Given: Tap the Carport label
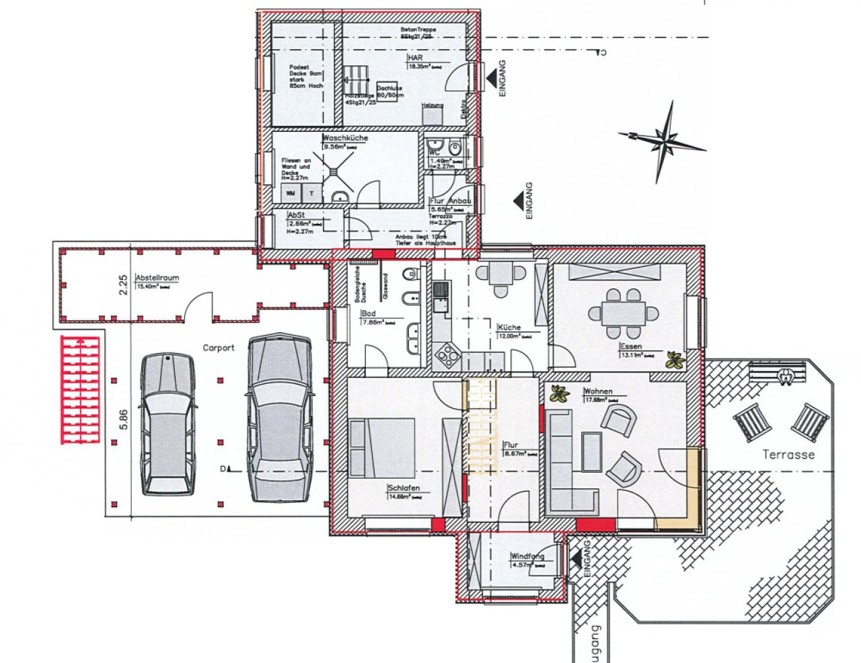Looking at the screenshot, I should [219, 348].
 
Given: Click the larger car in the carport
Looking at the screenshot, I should [279, 418].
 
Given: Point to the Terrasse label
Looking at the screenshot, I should [788, 455].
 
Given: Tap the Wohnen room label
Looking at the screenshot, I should [597, 391].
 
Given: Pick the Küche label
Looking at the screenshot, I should [509, 327].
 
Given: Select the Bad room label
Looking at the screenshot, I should [369, 314].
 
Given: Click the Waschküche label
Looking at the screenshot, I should [345, 138].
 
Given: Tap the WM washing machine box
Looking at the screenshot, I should [291, 193].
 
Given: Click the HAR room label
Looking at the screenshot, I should [415, 58].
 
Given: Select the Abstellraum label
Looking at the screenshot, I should [157, 277].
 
